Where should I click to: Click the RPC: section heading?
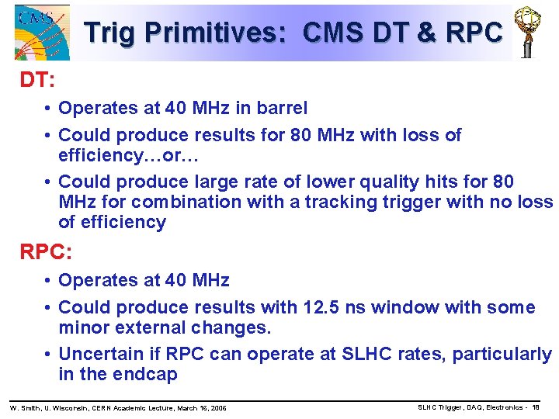point(46,252)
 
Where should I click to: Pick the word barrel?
point(280,109)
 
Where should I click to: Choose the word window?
point(403,307)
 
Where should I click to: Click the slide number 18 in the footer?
point(536,407)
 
